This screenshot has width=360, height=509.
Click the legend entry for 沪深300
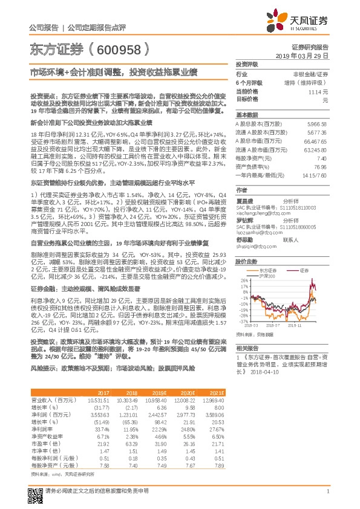pos(267,259)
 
